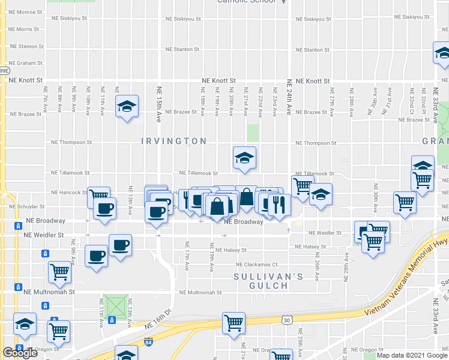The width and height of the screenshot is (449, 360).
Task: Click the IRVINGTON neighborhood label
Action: pyautogui.click(x=173, y=141)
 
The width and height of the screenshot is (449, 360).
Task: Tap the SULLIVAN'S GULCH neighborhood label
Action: pyautogui.click(x=267, y=281)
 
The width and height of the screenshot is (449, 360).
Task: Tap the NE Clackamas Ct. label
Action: pyautogui.click(x=258, y=264)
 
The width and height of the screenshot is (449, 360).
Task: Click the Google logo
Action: pyautogui.click(x=20, y=353)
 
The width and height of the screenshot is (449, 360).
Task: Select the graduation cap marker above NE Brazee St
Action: pyautogui.click(x=127, y=106)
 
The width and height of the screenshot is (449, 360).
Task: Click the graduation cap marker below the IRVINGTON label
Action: pyautogui.click(x=244, y=158)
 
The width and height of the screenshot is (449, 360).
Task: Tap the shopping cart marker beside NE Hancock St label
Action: pyautogui.click(x=98, y=196)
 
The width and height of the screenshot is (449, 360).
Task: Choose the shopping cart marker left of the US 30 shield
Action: pyautogui.click(x=233, y=323)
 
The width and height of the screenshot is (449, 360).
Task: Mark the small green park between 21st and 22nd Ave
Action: pyautogui.click(x=253, y=133)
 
